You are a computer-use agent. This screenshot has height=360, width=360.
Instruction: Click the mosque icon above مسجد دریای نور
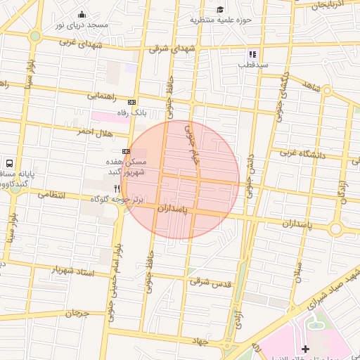[82, 14]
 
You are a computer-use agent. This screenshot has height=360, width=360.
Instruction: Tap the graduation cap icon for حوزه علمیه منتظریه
[220, 9]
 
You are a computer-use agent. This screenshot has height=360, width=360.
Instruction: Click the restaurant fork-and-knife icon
[117, 188]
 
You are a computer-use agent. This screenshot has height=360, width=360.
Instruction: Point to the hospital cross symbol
[304, 349]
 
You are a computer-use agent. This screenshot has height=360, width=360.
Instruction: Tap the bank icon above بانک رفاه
[131, 102]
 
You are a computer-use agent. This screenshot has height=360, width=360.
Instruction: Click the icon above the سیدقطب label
[252, 54]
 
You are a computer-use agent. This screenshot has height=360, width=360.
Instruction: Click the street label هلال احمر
[95, 131]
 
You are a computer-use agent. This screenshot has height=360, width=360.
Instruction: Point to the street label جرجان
[76, 314]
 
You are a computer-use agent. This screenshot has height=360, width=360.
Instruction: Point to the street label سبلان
[298, 270]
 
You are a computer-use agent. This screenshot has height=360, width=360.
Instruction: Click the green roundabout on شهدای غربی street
[35, 36]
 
